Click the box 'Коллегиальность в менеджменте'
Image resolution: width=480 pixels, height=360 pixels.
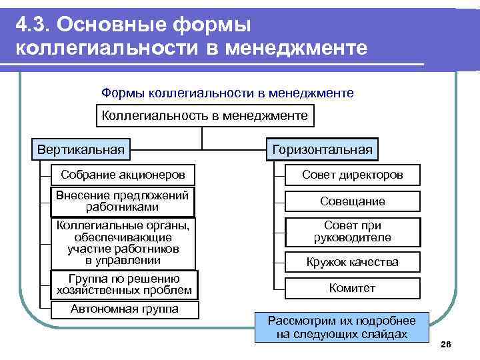(205, 116)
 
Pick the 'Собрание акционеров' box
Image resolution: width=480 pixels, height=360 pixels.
(123, 175)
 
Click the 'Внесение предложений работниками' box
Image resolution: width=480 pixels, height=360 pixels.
(123, 201)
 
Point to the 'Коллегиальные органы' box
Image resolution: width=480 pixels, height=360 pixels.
(123, 243)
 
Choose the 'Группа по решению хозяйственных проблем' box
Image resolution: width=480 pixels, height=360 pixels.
(124, 285)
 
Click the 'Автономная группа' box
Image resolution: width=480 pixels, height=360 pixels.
(125, 309)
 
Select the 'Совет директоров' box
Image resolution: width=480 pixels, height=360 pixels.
(353, 175)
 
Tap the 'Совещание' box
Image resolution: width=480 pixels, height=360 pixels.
(353, 201)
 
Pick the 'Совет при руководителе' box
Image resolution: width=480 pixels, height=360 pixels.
(353, 232)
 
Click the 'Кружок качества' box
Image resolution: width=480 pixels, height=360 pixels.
(353, 262)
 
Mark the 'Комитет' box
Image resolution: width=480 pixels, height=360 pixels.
(353, 288)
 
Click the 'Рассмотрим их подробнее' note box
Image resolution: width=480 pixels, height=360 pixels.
(341, 327)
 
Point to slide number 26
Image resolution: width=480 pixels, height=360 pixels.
(446, 343)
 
